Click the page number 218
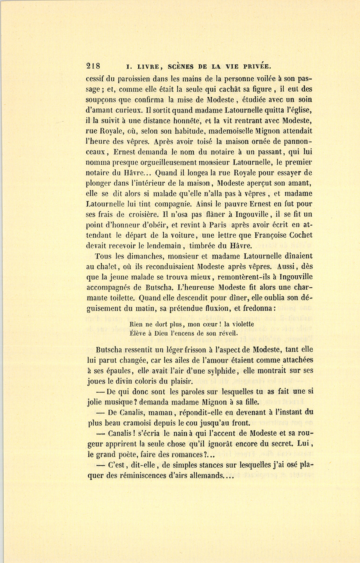[x=95, y=66]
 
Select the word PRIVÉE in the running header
[x=258, y=66]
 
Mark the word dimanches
[x=133, y=256]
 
